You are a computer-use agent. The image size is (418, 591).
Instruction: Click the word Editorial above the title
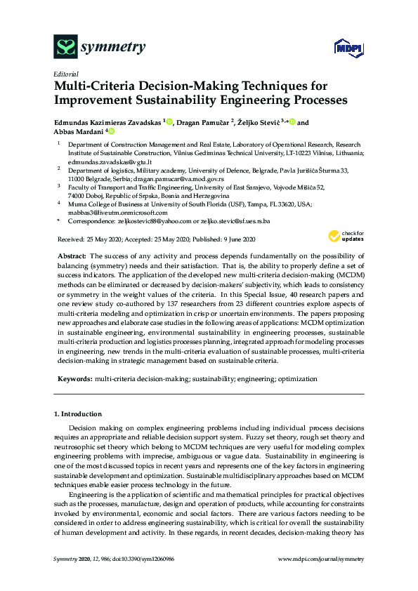(65, 74)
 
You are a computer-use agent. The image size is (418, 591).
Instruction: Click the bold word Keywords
(74, 378)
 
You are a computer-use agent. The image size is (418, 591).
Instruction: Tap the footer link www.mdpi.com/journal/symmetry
(321, 559)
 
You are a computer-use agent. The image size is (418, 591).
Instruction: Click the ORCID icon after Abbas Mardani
(110, 131)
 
